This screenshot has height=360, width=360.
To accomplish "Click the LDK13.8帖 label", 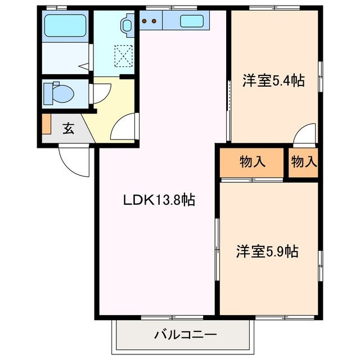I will click(x=159, y=200).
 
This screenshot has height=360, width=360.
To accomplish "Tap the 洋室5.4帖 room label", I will click(x=273, y=81).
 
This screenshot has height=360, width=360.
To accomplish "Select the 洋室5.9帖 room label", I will click(x=267, y=251).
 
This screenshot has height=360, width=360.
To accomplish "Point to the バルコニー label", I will click(x=185, y=335).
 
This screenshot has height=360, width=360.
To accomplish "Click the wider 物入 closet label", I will click(x=252, y=162).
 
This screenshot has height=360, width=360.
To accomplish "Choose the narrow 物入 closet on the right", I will click(x=304, y=162).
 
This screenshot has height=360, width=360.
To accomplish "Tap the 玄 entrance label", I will click(x=68, y=128).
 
